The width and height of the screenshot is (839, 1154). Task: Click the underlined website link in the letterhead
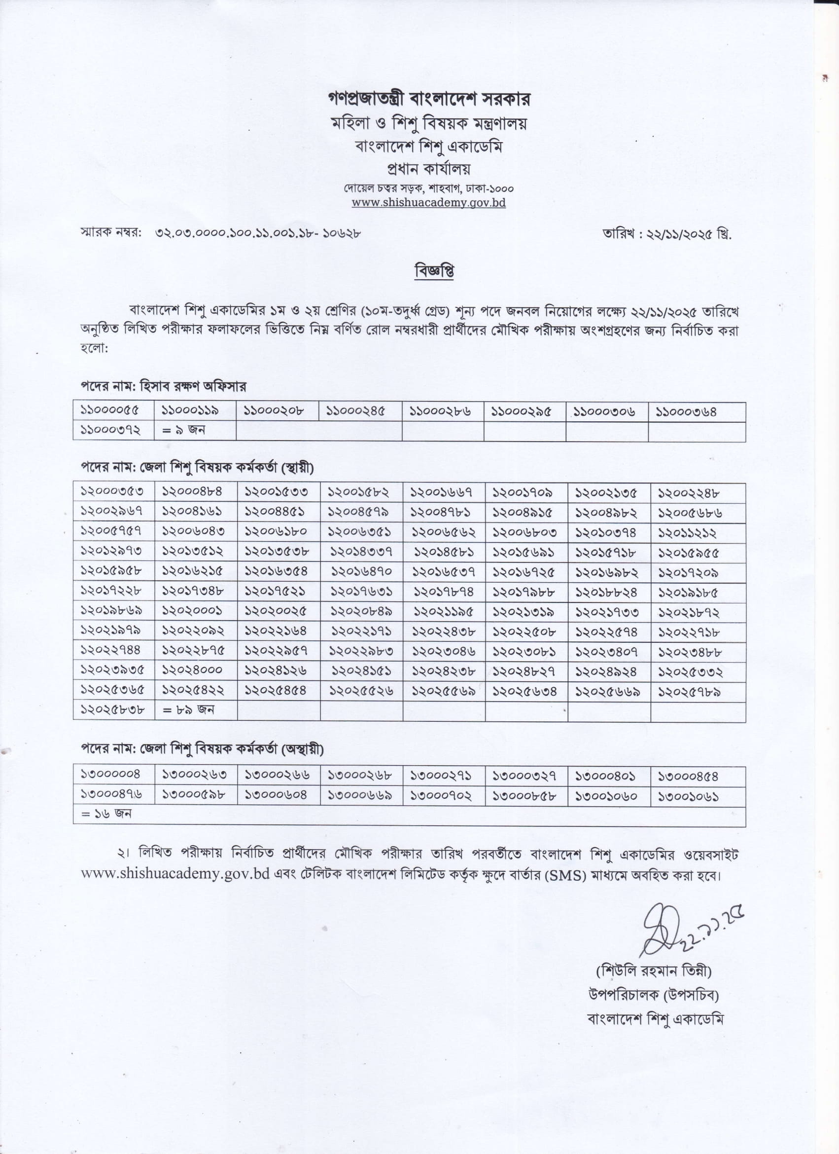(x=429, y=202)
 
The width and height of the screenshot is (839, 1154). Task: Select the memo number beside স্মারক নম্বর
(x=258, y=233)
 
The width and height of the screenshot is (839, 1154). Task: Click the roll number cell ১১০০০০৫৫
(x=110, y=410)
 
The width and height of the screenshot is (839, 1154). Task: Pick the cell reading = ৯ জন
(x=183, y=430)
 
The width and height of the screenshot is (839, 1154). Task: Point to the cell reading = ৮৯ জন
(x=188, y=709)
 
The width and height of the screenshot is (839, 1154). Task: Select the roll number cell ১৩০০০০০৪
(x=110, y=774)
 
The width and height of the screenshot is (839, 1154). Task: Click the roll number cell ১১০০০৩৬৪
(x=686, y=411)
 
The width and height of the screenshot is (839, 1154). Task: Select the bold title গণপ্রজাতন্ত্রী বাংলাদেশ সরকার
(x=429, y=99)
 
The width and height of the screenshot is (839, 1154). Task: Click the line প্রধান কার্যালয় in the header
(x=429, y=168)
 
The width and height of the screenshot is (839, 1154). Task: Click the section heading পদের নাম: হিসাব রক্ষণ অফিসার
(x=163, y=386)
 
